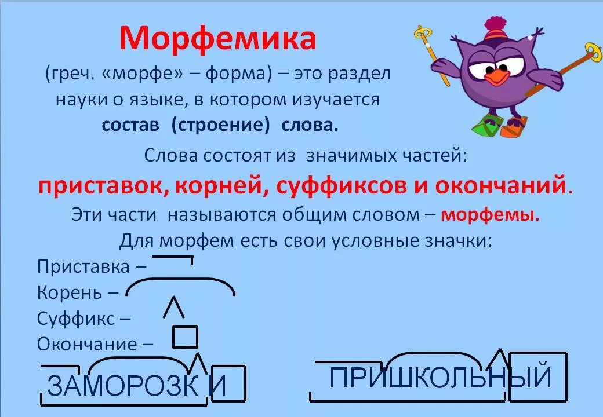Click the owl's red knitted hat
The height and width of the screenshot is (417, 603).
click(496, 32)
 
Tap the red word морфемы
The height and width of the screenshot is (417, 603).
click(490, 215)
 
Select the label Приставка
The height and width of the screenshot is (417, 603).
click(83, 267)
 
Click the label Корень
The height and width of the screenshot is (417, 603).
click(70, 292)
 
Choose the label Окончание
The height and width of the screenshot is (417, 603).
click(88, 344)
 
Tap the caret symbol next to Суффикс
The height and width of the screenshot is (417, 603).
click(174, 308)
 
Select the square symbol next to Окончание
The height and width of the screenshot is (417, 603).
click(186, 336)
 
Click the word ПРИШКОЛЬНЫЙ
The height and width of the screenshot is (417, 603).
click(440, 378)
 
